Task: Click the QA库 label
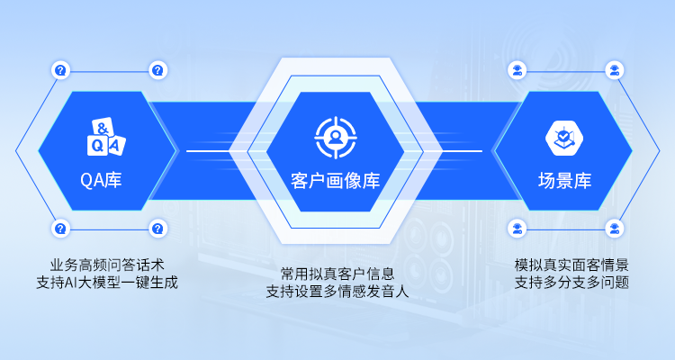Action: pyautogui.click(x=101, y=180)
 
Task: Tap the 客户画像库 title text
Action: pyautogui.click(x=336, y=180)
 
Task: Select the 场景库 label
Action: pyautogui.click(x=564, y=180)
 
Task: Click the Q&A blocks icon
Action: pyautogui.click(x=106, y=137)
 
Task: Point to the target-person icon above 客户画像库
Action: pyautogui.click(x=336, y=138)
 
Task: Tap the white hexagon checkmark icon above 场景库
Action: pyautogui.click(x=564, y=138)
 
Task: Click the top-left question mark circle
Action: pyautogui.click(x=60, y=70)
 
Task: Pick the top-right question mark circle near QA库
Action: pyautogui.click(x=158, y=70)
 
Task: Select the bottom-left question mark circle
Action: pyautogui.click(x=60, y=229)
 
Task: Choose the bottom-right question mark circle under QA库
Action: pyautogui.click(x=158, y=229)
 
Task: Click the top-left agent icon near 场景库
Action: pyautogui.click(x=517, y=70)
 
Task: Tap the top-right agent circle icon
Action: pyautogui.click(x=615, y=70)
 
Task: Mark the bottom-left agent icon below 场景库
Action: pyautogui.click(x=517, y=229)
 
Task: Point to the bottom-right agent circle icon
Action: pyautogui.click(x=615, y=229)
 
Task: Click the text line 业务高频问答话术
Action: pyautogui.click(x=107, y=265)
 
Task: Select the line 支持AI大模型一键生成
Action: pyautogui.click(x=107, y=283)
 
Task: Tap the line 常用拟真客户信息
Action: pyautogui.click(x=337, y=274)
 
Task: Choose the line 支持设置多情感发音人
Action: pyautogui.click(x=337, y=292)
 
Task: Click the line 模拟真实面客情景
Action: pyautogui.click(x=571, y=265)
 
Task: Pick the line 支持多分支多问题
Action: pyautogui.click(x=571, y=283)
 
